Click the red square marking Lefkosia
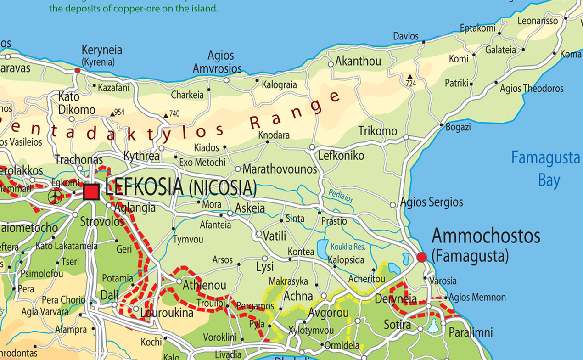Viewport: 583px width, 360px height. click(x=91, y=192)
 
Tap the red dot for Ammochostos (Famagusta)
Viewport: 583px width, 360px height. click(x=422, y=257)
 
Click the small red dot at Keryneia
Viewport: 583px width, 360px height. click(x=77, y=70)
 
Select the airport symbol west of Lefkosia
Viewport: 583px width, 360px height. click(x=55, y=197)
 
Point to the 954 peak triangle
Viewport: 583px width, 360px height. click(x=112, y=113)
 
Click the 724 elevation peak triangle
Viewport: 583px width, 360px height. click(x=410, y=76)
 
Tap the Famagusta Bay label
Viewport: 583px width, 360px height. click(x=545, y=169)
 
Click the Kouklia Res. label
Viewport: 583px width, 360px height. click(x=348, y=247)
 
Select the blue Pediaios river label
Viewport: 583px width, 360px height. click(x=341, y=197)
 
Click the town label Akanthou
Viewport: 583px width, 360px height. click(x=358, y=61)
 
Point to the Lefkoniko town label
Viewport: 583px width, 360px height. click(x=341, y=156)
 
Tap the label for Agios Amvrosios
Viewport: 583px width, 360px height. click(x=217, y=62)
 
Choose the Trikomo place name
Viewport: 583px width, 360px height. click(x=377, y=131)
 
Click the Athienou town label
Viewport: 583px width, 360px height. click(x=204, y=285)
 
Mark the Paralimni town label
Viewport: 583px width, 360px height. click(x=471, y=332)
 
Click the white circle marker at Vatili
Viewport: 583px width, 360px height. click(x=259, y=234)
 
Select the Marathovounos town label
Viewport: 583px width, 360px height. click(x=280, y=169)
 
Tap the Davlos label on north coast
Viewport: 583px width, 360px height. click(x=406, y=36)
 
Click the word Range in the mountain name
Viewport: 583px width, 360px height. click(x=294, y=111)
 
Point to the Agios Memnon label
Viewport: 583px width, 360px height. click(x=477, y=298)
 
